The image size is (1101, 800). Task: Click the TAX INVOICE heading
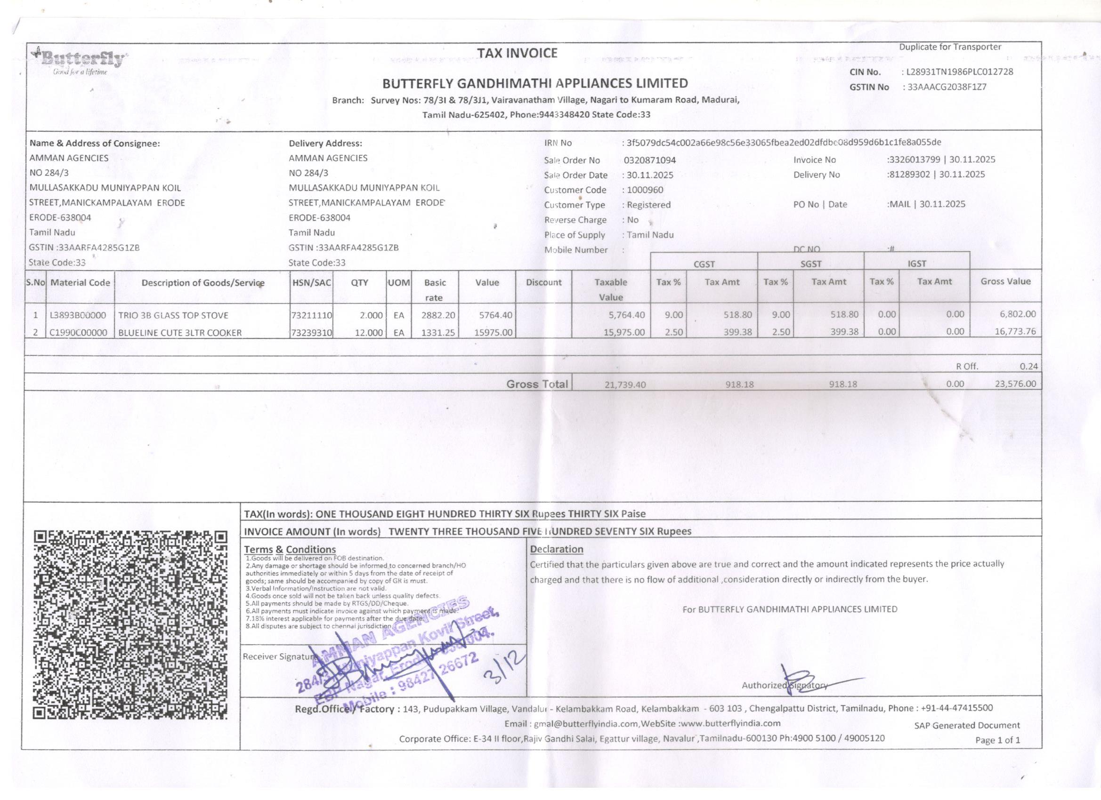coord(517,53)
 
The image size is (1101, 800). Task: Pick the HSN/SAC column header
coord(311,282)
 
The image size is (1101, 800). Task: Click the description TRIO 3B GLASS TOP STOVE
coord(173,315)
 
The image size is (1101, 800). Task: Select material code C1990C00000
coord(79,333)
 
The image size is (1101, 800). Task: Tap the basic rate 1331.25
coord(438,333)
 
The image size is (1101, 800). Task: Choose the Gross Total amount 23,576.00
coord(1015,384)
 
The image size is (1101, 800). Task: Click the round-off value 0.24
coord(1028,366)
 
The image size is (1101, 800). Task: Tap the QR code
coord(130,625)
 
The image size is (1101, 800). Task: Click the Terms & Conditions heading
coord(290,549)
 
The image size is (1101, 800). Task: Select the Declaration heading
coord(556,549)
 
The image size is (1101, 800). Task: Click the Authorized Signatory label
coord(785,686)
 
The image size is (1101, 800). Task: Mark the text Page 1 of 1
coord(997,740)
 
